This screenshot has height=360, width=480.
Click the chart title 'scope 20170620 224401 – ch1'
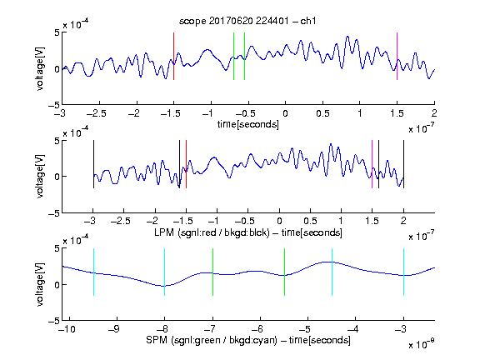coord(247,21)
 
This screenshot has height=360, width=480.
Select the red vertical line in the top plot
coord(173,57)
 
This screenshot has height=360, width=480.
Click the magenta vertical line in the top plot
coord(397,57)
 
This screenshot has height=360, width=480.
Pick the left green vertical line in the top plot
coord(233,57)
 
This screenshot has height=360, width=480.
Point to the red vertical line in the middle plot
coord(186,164)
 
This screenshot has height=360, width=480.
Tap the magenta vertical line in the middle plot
coord(372,164)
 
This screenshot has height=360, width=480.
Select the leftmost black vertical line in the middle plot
coord(93,164)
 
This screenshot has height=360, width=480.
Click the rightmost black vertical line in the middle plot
coord(403,164)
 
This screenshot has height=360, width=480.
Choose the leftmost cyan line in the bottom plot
coord(93,272)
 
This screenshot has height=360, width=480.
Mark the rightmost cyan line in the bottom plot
coord(403,272)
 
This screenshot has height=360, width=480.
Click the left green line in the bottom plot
coord(212,272)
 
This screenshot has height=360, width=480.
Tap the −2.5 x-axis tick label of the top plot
coord(96,113)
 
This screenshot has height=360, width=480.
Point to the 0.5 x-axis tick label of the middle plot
coord(310,221)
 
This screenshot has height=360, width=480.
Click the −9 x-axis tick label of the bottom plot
coord(114,329)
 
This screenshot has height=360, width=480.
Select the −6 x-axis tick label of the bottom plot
coord(257,329)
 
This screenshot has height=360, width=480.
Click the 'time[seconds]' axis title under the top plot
coord(248,124)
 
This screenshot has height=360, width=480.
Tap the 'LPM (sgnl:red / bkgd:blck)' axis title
coord(212,232)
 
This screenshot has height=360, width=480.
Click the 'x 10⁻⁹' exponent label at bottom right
coord(421,344)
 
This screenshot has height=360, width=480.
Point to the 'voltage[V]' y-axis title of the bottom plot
coord(40,285)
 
